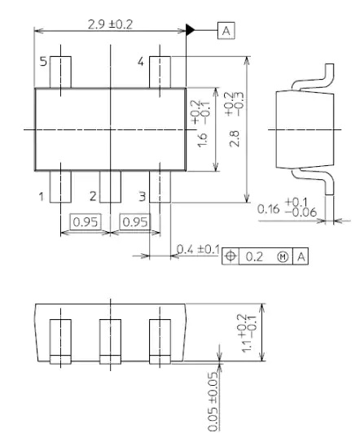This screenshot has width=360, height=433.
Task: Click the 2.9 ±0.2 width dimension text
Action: (x=110, y=24)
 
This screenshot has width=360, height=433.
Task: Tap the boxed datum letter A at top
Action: (x=226, y=30)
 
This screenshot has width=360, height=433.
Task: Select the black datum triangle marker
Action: (x=190, y=30)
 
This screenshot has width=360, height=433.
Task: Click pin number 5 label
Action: (x=43, y=61)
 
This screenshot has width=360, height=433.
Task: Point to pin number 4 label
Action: (x=141, y=61)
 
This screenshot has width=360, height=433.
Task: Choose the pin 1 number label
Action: (x=42, y=197)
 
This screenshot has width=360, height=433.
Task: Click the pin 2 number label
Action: (x=93, y=196)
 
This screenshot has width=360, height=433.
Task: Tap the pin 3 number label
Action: (x=142, y=197)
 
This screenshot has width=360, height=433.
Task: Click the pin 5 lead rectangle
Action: (x=60, y=72)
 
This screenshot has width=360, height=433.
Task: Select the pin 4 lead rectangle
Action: (x=160, y=72)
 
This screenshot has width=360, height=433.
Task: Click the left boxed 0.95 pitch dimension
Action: (x=86, y=221)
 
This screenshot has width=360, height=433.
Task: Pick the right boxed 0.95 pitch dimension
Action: (x=135, y=221)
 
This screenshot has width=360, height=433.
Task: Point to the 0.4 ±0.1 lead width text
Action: (x=198, y=249)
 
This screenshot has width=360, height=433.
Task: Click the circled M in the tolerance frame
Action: (x=283, y=257)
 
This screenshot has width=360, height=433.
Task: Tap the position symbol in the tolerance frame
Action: (x=230, y=256)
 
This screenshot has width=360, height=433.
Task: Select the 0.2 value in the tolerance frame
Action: (x=254, y=257)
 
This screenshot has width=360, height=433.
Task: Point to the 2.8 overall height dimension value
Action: (x=235, y=138)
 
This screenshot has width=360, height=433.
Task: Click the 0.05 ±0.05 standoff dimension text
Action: (x=213, y=401)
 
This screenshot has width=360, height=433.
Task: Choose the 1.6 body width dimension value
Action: (x=203, y=140)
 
